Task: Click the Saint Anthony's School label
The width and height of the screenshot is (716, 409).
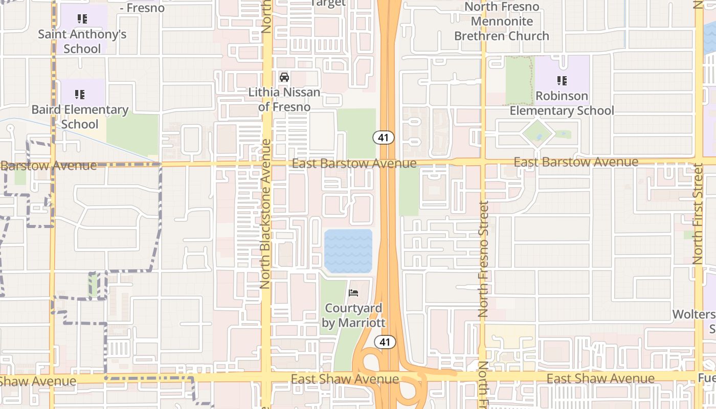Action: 82,42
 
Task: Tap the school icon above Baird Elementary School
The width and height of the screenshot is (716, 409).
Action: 80,95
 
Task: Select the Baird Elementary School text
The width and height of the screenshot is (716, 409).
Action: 80,117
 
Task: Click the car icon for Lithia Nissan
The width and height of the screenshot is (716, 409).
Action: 284,77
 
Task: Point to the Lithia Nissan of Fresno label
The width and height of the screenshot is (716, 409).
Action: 284,100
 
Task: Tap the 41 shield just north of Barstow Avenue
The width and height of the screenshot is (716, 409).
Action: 383,137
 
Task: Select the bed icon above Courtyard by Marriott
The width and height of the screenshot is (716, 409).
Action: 353,293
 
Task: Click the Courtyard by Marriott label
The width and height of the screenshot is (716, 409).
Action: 353,315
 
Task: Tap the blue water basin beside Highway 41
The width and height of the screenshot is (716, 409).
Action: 348,251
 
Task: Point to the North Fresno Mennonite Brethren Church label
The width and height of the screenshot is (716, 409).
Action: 502,21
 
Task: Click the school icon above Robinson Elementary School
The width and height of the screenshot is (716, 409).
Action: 562,81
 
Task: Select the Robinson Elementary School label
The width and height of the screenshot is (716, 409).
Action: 562,103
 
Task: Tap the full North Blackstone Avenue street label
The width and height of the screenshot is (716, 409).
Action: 265,214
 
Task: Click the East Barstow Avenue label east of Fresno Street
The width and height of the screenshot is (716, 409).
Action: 576,162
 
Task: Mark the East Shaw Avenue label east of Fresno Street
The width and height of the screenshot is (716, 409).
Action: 600,379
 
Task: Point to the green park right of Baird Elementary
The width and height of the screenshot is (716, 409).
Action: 133,134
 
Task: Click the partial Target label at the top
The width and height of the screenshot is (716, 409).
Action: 328,3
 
